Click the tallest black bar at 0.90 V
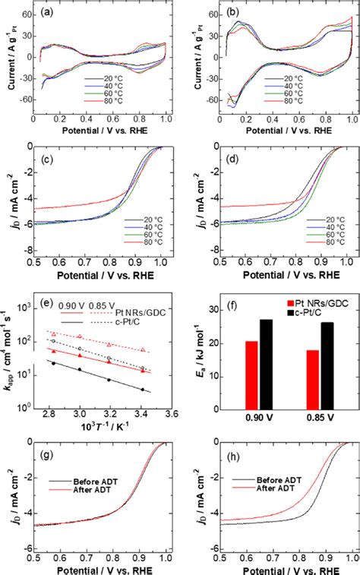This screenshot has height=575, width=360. pos(265,364)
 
